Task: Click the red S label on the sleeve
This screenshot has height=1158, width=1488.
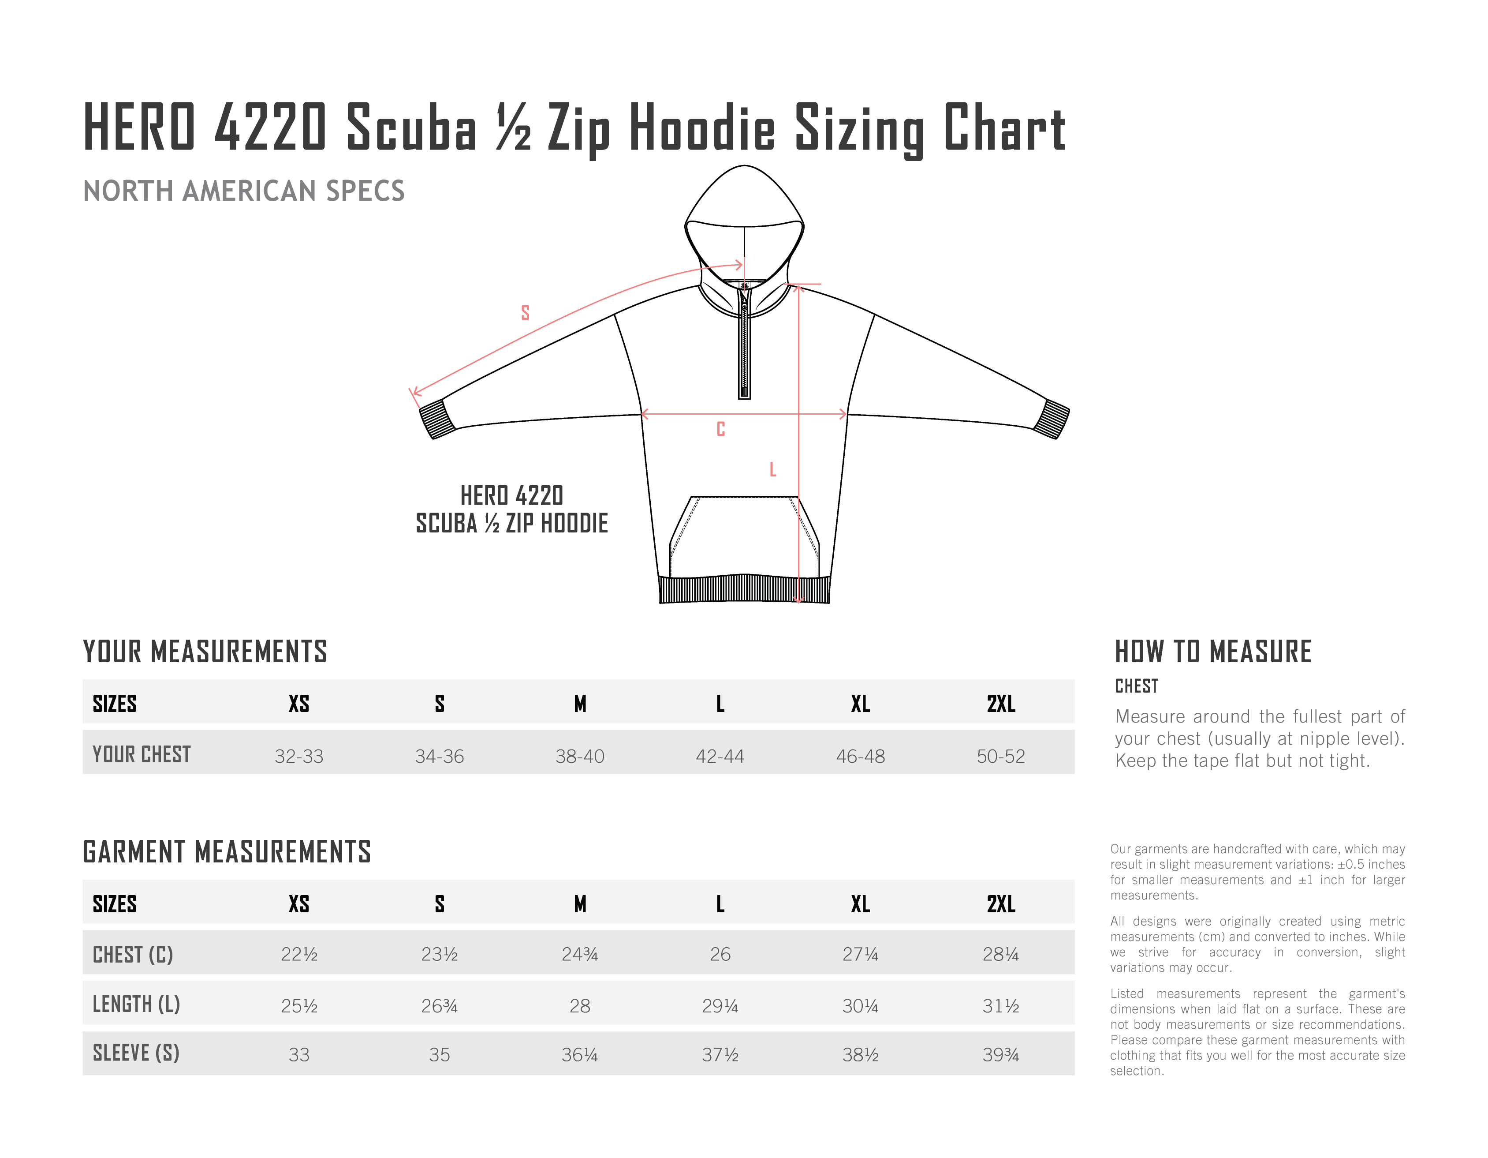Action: click(525, 313)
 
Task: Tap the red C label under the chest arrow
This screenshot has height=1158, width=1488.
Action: click(721, 429)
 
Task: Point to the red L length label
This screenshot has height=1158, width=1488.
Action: click(772, 470)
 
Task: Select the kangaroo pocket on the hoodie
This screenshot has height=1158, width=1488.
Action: click(744, 539)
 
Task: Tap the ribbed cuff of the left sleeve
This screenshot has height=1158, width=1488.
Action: click(436, 419)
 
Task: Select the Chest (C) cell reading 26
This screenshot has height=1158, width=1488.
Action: click(720, 954)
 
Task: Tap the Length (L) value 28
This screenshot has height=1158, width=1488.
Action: click(580, 1006)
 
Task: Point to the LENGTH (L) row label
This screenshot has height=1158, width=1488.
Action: click(136, 1004)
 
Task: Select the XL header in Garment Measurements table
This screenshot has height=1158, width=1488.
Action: click(861, 904)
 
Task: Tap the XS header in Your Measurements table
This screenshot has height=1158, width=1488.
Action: click(299, 704)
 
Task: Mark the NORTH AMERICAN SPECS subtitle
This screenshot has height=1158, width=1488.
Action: click(244, 191)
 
